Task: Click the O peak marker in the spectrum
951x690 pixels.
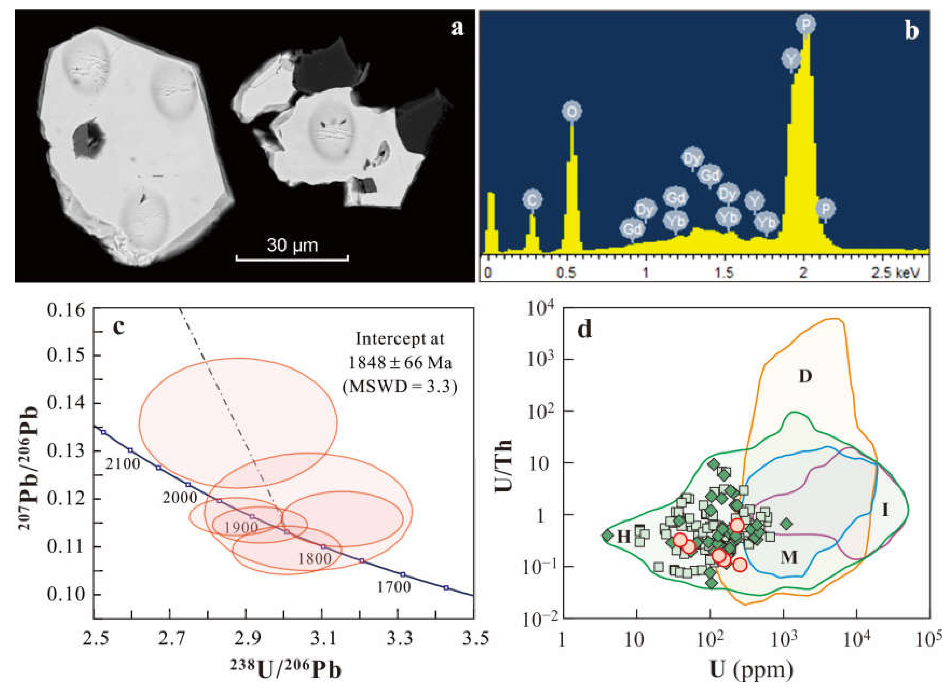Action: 572,112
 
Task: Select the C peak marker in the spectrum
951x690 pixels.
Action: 532,200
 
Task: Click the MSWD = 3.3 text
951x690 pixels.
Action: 399,387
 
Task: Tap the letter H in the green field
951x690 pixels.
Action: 624,536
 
